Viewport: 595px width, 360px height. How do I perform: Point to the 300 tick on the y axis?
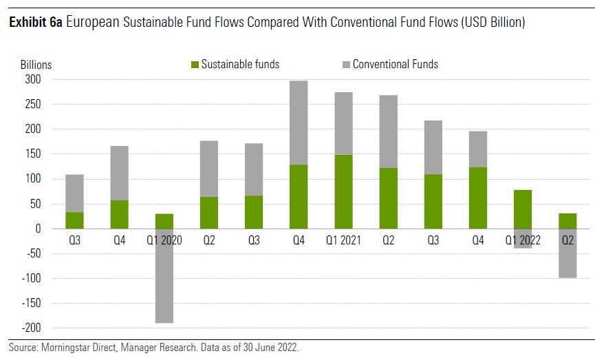(x=33, y=80)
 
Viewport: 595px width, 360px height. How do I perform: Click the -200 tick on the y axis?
(x=31, y=328)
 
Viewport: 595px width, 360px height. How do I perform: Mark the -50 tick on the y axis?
(x=33, y=253)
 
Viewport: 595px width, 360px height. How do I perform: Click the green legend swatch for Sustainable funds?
(x=195, y=65)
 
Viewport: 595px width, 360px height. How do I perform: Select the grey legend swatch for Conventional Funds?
(x=346, y=65)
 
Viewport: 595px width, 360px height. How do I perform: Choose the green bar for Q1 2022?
(x=522, y=209)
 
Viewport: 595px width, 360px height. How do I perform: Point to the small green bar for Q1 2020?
(x=164, y=221)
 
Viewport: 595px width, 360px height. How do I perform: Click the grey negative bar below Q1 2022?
(x=522, y=238)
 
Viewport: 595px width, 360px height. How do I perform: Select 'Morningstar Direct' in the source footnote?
(x=74, y=348)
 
